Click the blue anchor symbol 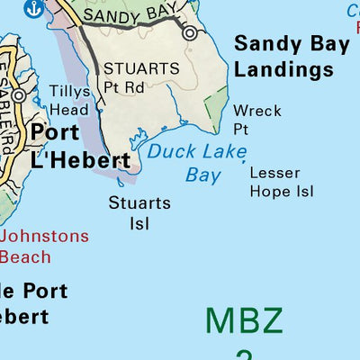pos(34,9)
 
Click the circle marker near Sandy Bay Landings pos(190,33)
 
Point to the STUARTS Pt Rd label pos(141,77)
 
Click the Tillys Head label pos(68,100)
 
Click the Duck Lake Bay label pos(196,163)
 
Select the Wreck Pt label pos(257,120)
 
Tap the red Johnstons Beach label pos(45,247)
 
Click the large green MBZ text pos(244,321)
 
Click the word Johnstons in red pos(45,237)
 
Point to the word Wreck pos(257,111)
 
